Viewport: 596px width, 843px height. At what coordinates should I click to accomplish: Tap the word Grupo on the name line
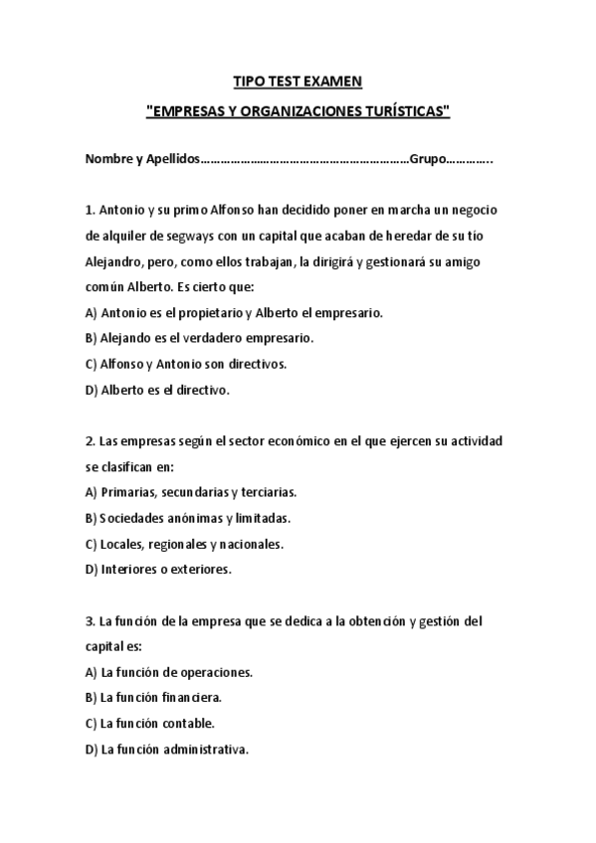coord(428,159)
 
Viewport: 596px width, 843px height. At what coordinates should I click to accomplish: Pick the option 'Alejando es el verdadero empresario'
coord(199,338)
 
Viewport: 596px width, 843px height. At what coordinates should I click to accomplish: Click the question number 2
coord(90,440)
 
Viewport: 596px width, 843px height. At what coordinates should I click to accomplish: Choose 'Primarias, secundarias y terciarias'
coord(191,492)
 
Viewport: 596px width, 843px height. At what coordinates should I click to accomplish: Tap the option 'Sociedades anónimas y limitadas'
coord(188,518)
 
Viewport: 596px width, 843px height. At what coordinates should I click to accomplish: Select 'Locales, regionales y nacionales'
coord(184,544)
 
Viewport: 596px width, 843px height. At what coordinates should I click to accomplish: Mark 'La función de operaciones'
coord(169,672)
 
